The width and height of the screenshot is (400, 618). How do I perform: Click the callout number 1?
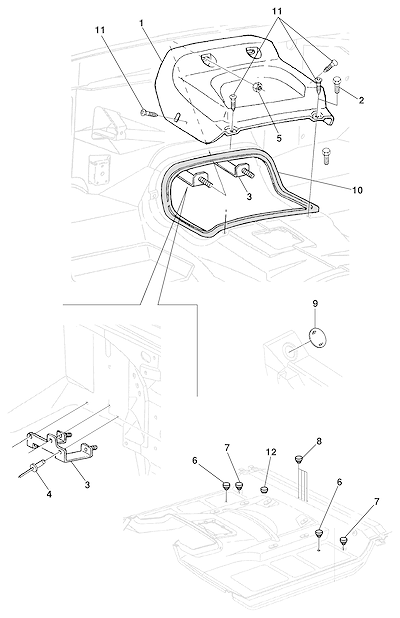[x=141, y=23]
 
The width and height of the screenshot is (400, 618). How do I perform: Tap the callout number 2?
[x=361, y=101]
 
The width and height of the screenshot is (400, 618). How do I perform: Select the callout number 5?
[x=279, y=139]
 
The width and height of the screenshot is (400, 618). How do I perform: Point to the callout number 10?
[x=357, y=190]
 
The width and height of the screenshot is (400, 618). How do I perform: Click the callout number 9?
[x=315, y=304]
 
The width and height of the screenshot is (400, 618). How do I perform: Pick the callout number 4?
[x=49, y=494]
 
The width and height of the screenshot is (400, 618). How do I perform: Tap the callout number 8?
[x=319, y=441]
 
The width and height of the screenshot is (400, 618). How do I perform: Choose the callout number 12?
[x=271, y=452]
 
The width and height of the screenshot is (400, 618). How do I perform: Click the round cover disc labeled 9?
[x=318, y=337]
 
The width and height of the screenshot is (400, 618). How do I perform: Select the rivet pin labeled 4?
[x=33, y=468]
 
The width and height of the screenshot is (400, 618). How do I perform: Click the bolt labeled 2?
[x=338, y=84]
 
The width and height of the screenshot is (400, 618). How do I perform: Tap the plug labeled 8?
[x=299, y=458]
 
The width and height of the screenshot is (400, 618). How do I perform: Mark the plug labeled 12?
[x=264, y=490]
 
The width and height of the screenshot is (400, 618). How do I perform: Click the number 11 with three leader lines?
[x=277, y=12]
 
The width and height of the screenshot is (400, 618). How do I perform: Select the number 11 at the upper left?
[x=100, y=30]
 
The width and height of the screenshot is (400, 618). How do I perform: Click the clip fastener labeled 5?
[x=258, y=88]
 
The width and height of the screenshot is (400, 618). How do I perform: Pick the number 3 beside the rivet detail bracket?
[x=87, y=485]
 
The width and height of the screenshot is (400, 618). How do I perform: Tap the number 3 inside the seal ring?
[x=249, y=196]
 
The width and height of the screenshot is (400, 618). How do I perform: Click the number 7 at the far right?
[x=377, y=502]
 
